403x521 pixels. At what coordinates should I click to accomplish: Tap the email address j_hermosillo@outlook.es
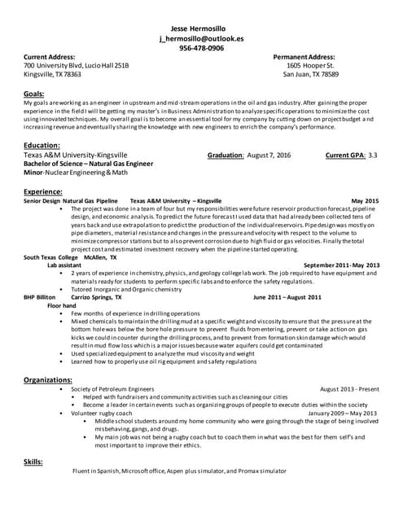(x=202, y=38)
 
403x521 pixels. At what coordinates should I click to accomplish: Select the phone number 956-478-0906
(x=202, y=48)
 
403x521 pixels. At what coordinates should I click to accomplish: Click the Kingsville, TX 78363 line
(x=52, y=74)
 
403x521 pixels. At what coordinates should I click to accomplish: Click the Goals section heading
(x=35, y=94)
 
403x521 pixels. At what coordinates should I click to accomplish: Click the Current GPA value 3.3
(x=373, y=155)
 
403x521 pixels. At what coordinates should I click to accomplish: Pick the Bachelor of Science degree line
(x=88, y=164)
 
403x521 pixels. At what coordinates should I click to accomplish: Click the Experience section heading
(x=46, y=191)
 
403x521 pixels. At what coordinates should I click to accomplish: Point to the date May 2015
(x=365, y=200)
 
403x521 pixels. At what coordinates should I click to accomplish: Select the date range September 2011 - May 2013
(x=341, y=265)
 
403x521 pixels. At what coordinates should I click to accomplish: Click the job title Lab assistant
(x=64, y=265)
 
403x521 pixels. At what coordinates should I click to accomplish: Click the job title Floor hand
(x=62, y=305)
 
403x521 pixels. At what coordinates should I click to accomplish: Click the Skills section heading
(x=33, y=462)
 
